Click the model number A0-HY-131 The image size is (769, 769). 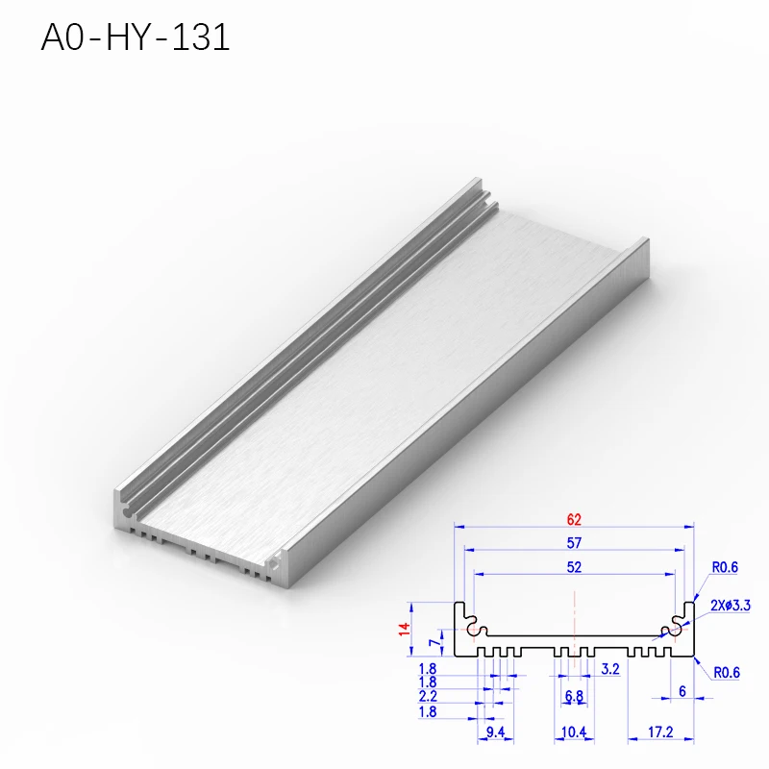pyautogui.click(x=136, y=37)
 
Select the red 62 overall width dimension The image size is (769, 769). pyautogui.click(x=574, y=519)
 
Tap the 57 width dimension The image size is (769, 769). pyautogui.click(x=574, y=543)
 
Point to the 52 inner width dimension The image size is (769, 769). pyautogui.click(x=574, y=567)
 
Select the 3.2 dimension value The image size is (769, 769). pyautogui.click(x=608, y=667)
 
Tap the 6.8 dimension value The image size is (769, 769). pyautogui.click(x=574, y=695)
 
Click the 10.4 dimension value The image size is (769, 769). pyautogui.click(x=574, y=733)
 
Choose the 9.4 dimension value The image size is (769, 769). pyautogui.click(x=494, y=733)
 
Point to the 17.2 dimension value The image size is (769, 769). pyautogui.click(x=659, y=733)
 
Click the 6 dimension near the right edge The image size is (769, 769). pyautogui.click(x=682, y=691)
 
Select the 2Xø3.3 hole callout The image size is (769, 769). pyautogui.click(x=731, y=606)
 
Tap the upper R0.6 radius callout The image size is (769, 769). pyautogui.click(x=726, y=568)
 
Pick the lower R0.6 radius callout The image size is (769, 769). pyautogui.click(x=727, y=673)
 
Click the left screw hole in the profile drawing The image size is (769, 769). pyautogui.click(x=474, y=631)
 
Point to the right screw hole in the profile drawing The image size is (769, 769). pyautogui.click(x=674, y=631)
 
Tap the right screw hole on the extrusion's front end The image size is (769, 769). pyautogui.click(x=281, y=558)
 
